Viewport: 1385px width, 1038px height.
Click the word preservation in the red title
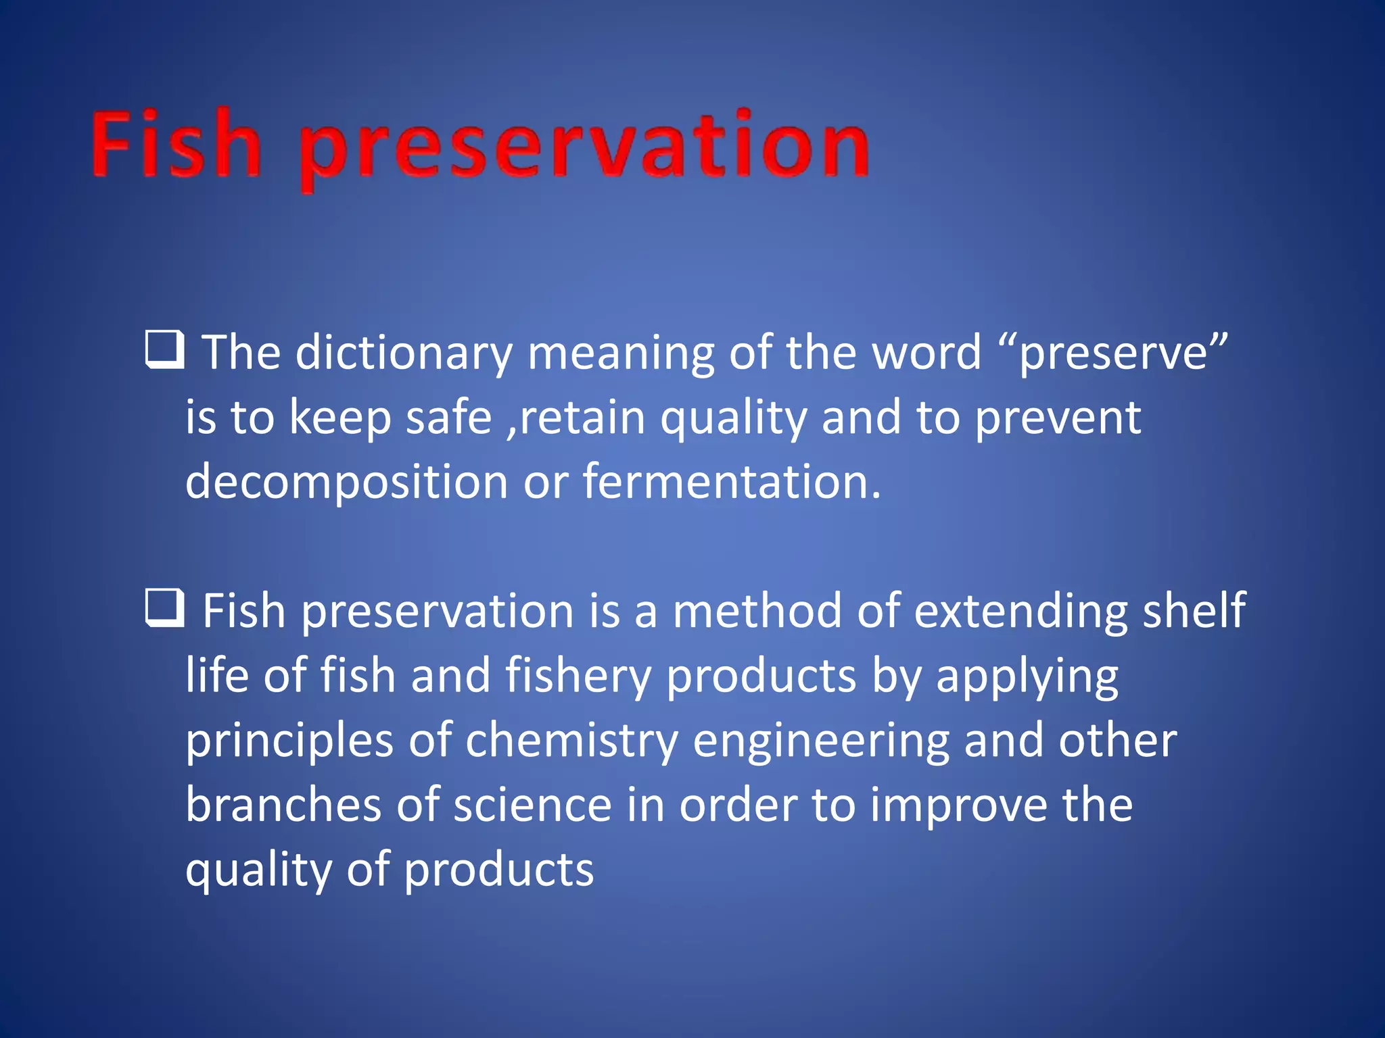tap(584, 149)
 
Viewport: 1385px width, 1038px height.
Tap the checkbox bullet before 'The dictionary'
tap(164, 349)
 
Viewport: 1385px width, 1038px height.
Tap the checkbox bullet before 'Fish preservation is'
tap(164, 608)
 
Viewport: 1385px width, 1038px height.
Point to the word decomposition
tap(346, 483)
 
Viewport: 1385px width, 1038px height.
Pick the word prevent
tap(1058, 419)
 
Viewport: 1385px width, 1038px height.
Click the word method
tap(757, 611)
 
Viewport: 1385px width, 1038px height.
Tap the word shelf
tap(1194, 611)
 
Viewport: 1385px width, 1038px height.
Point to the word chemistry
tap(571, 741)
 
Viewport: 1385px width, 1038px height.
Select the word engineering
tap(821, 742)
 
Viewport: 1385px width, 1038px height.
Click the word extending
tap(1020, 612)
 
